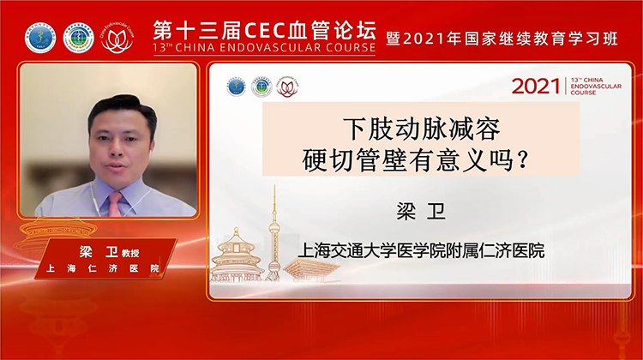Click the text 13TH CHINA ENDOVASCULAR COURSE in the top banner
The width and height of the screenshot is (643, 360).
pyautogui.click(x=264, y=49)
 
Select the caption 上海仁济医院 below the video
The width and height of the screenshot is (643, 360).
pyautogui.click(x=104, y=269)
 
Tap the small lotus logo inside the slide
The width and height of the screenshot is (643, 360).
pyautogui.click(x=286, y=87)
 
